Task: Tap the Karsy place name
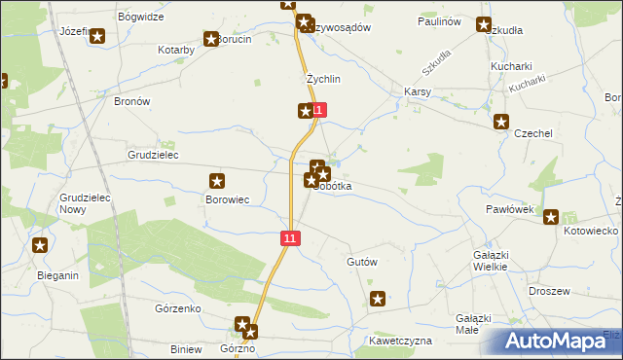[418, 92]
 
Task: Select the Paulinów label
[438, 20]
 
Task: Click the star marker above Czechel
[501, 122]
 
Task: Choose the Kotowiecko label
[591, 231]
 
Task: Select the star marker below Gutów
[378, 300]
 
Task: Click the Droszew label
[548, 291]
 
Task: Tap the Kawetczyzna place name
[399, 342]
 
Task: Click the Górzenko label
[177, 308]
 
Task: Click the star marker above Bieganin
[39, 245]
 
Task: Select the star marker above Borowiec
[218, 180]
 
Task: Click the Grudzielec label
[153, 155]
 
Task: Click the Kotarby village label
[178, 49]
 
